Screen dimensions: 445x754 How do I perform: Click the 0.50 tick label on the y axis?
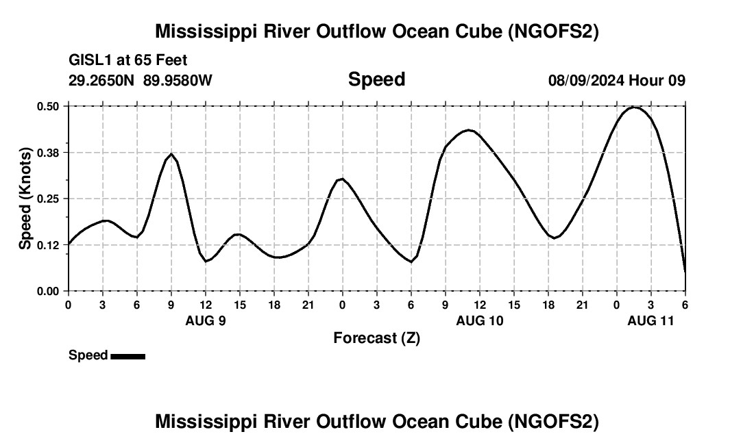coord(49,106)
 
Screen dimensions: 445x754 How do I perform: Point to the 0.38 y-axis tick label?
coord(49,153)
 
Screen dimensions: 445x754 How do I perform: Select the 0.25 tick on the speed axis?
coord(49,199)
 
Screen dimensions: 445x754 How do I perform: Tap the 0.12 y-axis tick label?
coord(49,245)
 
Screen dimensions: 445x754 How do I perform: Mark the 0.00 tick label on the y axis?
coord(49,292)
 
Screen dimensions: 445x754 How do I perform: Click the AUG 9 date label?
coord(206,320)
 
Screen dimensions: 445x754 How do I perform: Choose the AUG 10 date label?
coord(480,320)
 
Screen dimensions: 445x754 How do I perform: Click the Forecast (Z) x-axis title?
coord(376,338)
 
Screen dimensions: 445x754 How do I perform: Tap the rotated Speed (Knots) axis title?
coord(25,199)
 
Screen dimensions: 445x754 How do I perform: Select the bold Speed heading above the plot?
coord(376,79)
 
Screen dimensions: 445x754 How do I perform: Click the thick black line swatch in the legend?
coord(127,356)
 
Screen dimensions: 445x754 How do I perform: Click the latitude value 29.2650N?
coord(102,81)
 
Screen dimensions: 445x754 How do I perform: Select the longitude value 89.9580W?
coord(178,81)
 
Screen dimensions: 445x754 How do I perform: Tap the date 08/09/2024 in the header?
coord(586,81)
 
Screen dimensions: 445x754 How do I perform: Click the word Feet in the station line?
coord(171,61)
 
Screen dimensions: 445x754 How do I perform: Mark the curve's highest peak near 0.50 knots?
coord(635,107)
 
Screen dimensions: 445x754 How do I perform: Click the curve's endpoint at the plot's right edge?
coord(685,272)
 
